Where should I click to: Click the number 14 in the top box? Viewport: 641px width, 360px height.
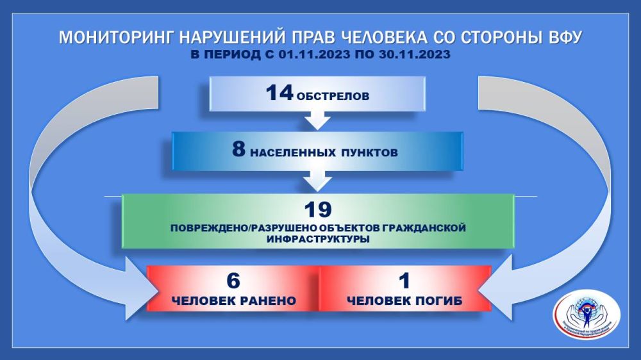point(279,93)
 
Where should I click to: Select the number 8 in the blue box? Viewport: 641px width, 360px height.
point(237,150)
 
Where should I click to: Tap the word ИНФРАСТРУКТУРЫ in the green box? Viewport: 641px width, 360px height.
point(318,239)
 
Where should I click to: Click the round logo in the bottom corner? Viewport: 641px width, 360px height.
point(585,313)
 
